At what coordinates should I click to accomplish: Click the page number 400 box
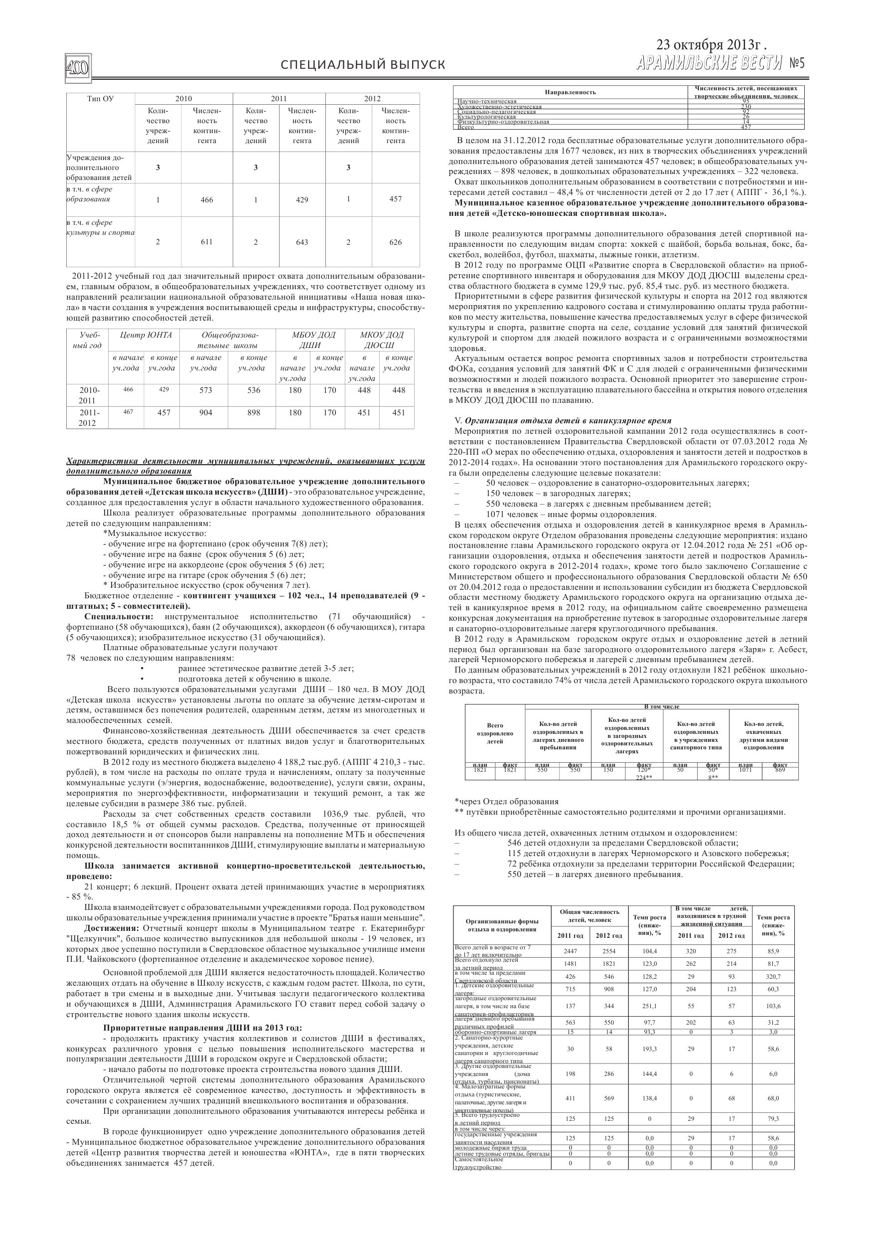(78, 69)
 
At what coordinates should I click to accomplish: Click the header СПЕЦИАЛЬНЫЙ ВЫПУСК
(363, 65)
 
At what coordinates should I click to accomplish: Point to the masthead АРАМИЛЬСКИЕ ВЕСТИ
(709, 64)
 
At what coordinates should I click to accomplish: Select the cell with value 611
(207, 242)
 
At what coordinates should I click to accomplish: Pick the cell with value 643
(302, 242)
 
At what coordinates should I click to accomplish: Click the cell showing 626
(396, 242)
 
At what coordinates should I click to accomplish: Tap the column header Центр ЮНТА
(146, 335)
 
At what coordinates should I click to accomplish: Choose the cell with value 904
(206, 413)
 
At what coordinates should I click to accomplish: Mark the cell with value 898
(254, 413)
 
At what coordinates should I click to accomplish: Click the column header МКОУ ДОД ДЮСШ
(381, 340)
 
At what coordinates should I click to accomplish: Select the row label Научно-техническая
(487, 101)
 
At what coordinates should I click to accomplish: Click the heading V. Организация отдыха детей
(563, 421)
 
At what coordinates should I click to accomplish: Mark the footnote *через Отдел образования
(507, 801)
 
